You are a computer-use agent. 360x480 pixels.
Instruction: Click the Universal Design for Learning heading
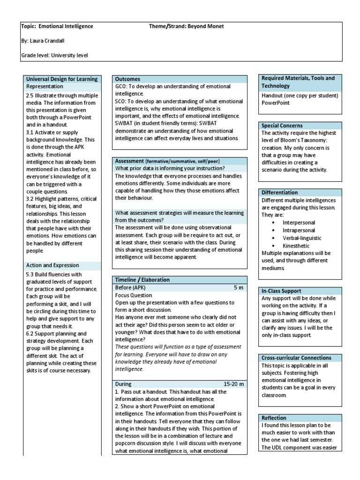(x=62, y=79)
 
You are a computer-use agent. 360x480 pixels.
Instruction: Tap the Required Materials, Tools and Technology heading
(x=298, y=82)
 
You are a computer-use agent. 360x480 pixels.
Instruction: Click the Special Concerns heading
(x=282, y=126)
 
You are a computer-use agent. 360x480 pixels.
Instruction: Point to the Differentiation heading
(x=279, y=193)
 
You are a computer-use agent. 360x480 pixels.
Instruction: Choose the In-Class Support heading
(x=281, y=291)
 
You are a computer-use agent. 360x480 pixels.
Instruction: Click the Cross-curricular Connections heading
(x=296, y=358)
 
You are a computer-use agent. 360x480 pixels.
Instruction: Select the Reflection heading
(x=274, y=418)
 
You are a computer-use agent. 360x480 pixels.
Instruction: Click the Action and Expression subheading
(x=52, y=265)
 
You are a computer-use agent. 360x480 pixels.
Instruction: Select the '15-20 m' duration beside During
(x=234, y=384)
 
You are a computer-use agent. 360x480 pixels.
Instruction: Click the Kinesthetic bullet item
(x=296, y=246)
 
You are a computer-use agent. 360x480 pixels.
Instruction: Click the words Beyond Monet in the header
(x=205, y=26)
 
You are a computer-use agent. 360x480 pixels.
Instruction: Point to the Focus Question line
(x=134, y=295)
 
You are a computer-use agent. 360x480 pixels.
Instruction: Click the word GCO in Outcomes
(x=121, y=87)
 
